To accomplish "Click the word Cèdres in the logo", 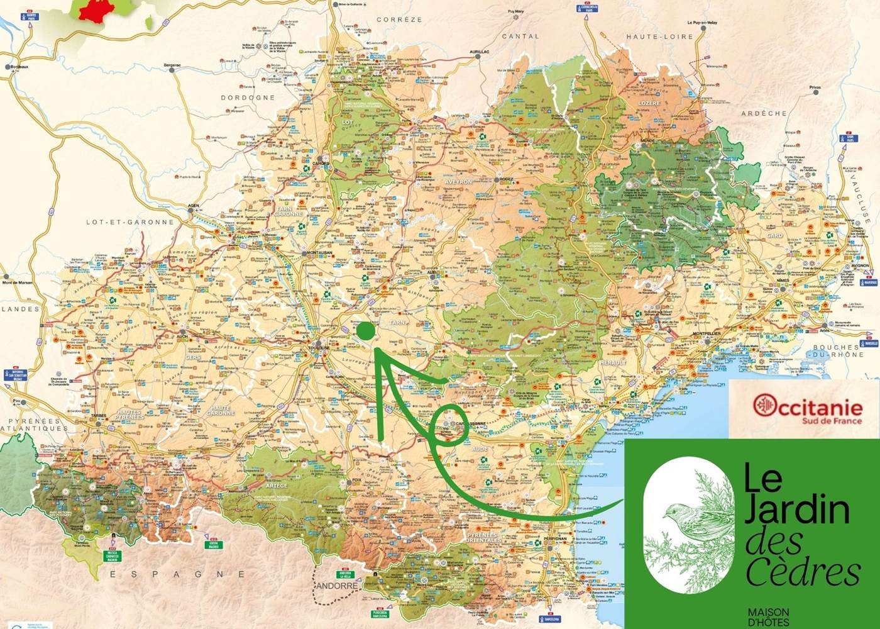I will tap(803, 572).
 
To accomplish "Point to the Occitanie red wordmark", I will tap(808, 406).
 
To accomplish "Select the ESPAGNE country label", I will tap(177, 574).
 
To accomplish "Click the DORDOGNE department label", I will tap(248, 97).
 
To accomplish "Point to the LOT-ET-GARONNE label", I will tap(130, 222).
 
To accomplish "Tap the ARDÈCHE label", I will tap(764, 113).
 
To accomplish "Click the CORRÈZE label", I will tap(399, 19).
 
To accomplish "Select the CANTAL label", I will tap(520, 36).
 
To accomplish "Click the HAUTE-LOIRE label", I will tap(659, 36).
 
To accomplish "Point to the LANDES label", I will tap(20, 309).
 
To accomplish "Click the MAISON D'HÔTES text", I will tap(768, 616).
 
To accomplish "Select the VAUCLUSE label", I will tap(861, 199).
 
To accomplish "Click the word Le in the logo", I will tap(763, 478).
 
